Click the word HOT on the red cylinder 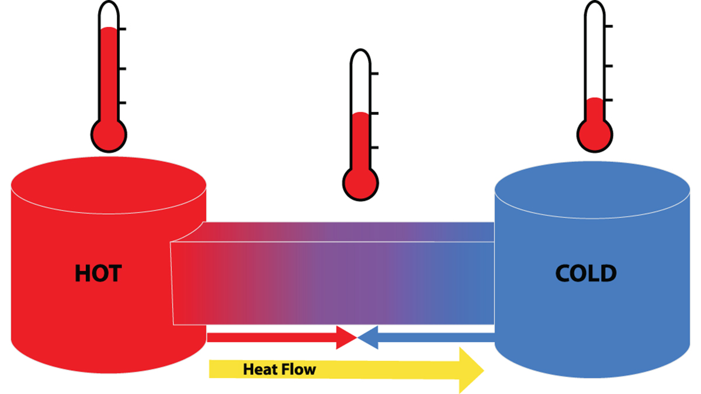point(98,273)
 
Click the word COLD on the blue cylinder point(585,273)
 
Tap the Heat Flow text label point(279,369)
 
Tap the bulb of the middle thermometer point(360,182)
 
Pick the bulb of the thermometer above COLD point(595,133)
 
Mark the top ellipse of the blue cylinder point(595,190)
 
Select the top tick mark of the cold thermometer point(609,26)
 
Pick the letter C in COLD point(564,273)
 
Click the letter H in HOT point(82,273)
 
